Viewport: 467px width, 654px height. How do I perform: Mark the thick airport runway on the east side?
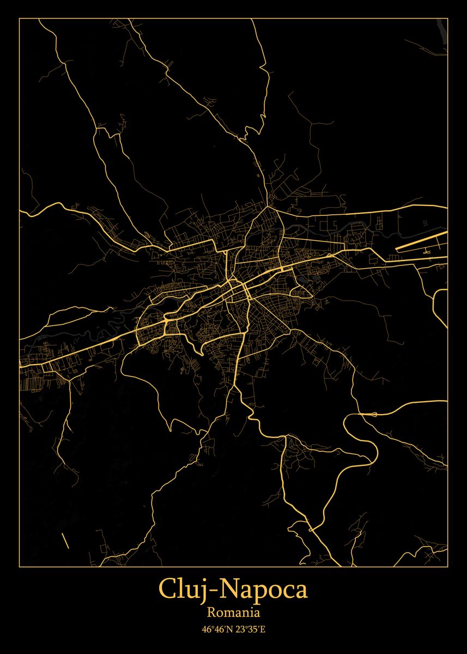tap(421, 241)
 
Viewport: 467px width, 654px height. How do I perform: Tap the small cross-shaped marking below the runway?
tap(426, 252)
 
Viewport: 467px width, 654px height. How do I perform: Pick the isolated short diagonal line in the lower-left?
tap(65, 541)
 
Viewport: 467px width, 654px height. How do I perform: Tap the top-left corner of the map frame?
tap(19, 19)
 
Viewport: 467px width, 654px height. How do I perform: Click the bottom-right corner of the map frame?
tap(447, 566)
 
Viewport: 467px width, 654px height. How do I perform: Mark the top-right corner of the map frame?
tap(447, 19)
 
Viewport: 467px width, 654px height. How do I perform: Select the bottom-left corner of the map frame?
tap(19, 566)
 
